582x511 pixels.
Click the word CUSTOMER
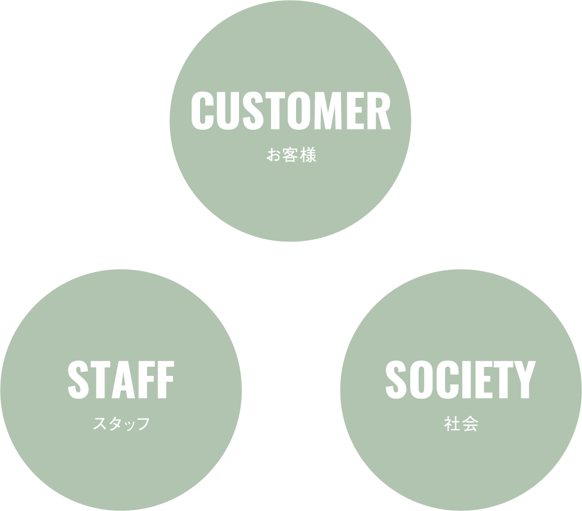click(x=291, y=111)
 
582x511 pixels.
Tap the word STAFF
click(x=121, y=380)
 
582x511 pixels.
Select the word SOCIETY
click(x=459, y=380)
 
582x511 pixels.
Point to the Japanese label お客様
click(x=291, y=156)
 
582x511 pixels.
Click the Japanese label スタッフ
click(x=121, y=424)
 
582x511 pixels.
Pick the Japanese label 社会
click(x=461, y=425)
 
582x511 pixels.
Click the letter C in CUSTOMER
click(x=202, y=111)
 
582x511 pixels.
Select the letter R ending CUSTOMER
click(x=379, y=111)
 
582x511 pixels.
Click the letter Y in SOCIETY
click(x=523, y=380)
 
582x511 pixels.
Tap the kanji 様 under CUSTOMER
click(x=309, y=156)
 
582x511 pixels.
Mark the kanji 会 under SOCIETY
click(x=470, y=425)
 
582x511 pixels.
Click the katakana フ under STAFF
click(x=143, y=424)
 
